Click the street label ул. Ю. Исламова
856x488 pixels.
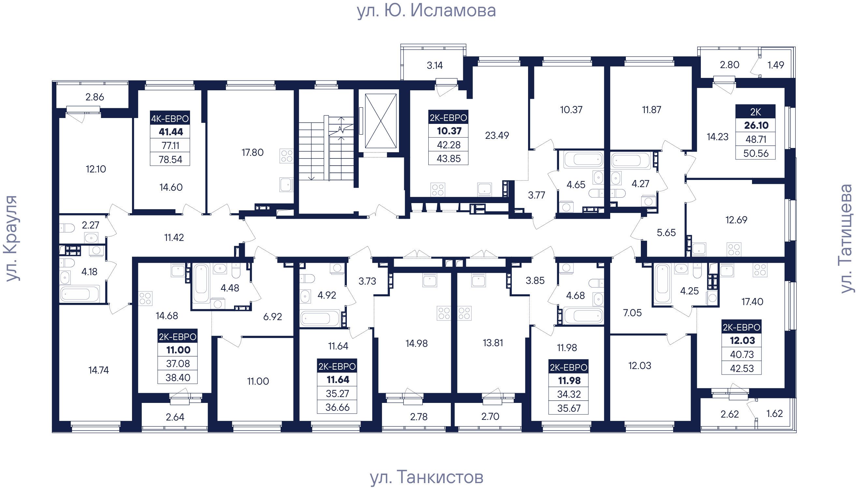(426, 10)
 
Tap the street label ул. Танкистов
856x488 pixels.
(427, 477)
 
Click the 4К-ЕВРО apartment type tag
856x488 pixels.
(170, 118)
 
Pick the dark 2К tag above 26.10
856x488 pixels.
(756, 111)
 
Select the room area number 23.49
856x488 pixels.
(497, 135)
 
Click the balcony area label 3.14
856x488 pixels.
(435, 65)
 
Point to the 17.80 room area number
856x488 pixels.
(252, 153)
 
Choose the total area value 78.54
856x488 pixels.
(170, 159)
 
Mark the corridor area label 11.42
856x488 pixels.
(174, 238)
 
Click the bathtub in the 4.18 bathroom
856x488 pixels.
(80, 294)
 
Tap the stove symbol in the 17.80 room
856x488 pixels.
(287, 156)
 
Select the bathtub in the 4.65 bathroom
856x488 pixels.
(583, 159)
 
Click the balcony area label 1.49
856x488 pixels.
(775, 65)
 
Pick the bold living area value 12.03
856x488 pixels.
(742, 340)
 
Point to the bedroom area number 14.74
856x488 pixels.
(98, 370)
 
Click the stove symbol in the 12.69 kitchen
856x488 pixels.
(734, 250)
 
